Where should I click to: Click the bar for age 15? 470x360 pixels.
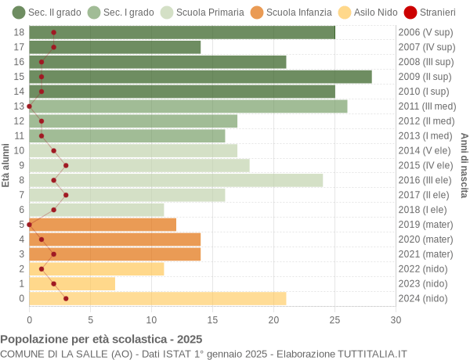point(200,77)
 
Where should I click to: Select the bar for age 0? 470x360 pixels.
point(157,298)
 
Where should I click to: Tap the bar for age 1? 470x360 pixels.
point(72,283)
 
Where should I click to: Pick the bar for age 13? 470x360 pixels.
point(188,106)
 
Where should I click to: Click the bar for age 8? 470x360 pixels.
point(175,180)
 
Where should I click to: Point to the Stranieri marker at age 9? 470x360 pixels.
point(66,165)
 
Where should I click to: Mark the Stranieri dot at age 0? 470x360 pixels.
point(66,298)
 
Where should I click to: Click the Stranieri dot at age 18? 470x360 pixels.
point(53,32)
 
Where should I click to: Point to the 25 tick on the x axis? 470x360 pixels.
point(334,319)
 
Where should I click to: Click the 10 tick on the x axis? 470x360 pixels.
point(151,319)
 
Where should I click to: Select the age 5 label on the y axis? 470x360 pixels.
point(21,225)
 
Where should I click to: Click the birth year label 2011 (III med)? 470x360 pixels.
point(426,106)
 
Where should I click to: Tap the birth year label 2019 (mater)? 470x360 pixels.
point(425,225)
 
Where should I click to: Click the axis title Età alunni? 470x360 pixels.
point(6,165)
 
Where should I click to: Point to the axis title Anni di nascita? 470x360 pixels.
point(464,165)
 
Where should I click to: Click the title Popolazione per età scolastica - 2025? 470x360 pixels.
point(101,340)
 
